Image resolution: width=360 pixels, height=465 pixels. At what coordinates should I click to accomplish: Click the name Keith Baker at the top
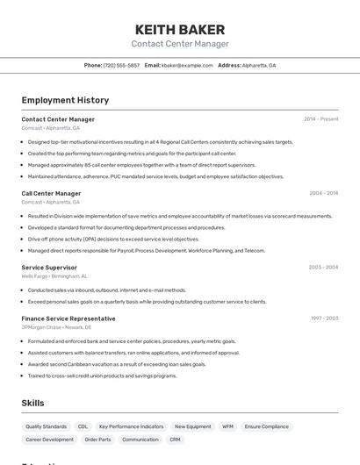click(180, 29)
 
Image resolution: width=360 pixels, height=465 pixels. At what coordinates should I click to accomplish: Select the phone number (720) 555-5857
click(121, 65)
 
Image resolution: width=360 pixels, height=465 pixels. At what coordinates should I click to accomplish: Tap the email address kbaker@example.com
click(187, 65)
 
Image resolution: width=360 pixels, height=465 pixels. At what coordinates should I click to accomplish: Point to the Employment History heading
click(65, 100)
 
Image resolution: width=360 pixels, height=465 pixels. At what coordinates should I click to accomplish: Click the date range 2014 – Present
click(320, 119)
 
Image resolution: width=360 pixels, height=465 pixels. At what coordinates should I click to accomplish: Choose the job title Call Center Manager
click(51, 193)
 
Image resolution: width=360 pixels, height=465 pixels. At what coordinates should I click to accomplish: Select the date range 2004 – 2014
click(323, 193)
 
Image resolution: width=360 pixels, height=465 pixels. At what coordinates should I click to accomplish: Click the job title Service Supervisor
click(49, 268)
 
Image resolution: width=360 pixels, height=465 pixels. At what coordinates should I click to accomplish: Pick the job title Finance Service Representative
click(68, 318)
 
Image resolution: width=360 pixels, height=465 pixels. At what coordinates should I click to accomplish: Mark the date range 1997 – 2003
click(324, 318)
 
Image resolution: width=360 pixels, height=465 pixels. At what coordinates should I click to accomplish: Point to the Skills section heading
click(33, 403)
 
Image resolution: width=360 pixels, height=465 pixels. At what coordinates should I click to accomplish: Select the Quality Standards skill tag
click(46, 426)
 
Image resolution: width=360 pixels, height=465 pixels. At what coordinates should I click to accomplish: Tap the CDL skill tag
click(83, 426)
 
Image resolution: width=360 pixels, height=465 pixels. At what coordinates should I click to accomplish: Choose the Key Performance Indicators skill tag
click(131, 426)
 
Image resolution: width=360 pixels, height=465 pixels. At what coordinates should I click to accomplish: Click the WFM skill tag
click(227, 426)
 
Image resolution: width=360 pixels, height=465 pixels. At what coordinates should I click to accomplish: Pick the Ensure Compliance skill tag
click(266, 426)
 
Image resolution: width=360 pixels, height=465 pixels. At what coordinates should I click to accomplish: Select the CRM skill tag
click(176, 440)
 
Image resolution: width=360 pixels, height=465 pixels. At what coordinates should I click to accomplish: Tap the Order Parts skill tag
click(97, 440)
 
